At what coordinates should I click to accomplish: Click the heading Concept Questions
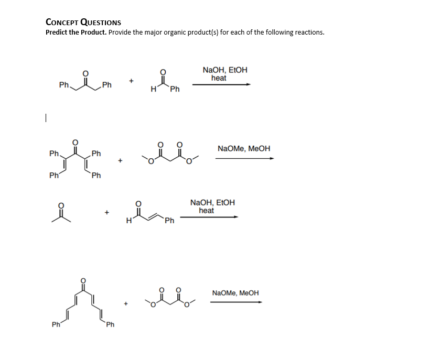pyautogui.click(x=83, y=22)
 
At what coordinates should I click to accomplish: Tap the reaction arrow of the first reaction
pyautogui.click(x=221, y=84)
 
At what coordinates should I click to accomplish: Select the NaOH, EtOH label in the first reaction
pyautogui.click(x=224, y=70)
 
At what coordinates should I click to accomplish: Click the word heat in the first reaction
pyautogui.click(x=219, y=78)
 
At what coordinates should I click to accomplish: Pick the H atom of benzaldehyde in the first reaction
pyautogui.click(x=152, y=89)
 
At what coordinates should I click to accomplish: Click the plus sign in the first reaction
pyautogui.click(x=132, y=81)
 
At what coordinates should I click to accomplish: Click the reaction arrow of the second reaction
pyautogui.click(x=244, y=158)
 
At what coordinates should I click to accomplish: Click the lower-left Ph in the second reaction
pyautogui.click(x=53, y=176)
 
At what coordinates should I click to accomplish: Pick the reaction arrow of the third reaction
pyautogui.click(x=209, y=216)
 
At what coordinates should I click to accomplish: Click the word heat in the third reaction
pyautogui.click(x=206, y=211)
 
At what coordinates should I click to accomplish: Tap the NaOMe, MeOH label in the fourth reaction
pyautogui.click(x=235, y=293)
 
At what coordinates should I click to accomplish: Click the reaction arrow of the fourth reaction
pyautogui.click(x=235, y=302)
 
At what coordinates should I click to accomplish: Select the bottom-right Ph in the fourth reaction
pyautogui.click(x=110, y=325)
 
